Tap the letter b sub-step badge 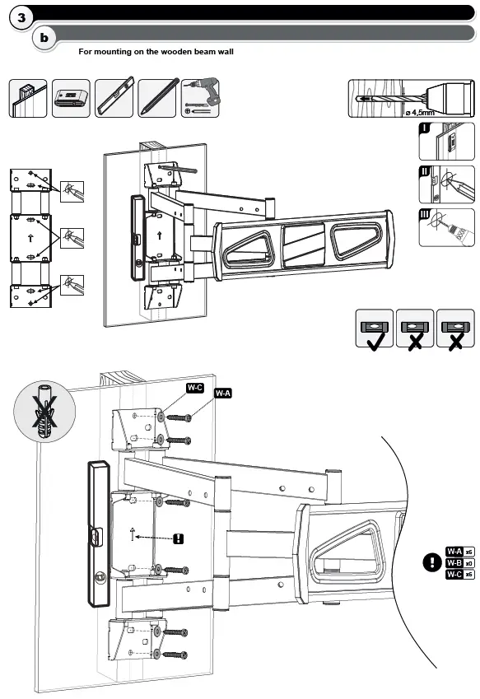44,38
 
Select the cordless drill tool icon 200,98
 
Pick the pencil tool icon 156,98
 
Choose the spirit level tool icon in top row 114,98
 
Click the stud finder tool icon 71,98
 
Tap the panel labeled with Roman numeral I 447,142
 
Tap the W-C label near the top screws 195,387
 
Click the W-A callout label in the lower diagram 222,394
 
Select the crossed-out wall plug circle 40,412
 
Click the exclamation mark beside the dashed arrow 179,538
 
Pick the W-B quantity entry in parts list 459,563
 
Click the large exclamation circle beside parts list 431,563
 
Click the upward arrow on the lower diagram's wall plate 133,534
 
